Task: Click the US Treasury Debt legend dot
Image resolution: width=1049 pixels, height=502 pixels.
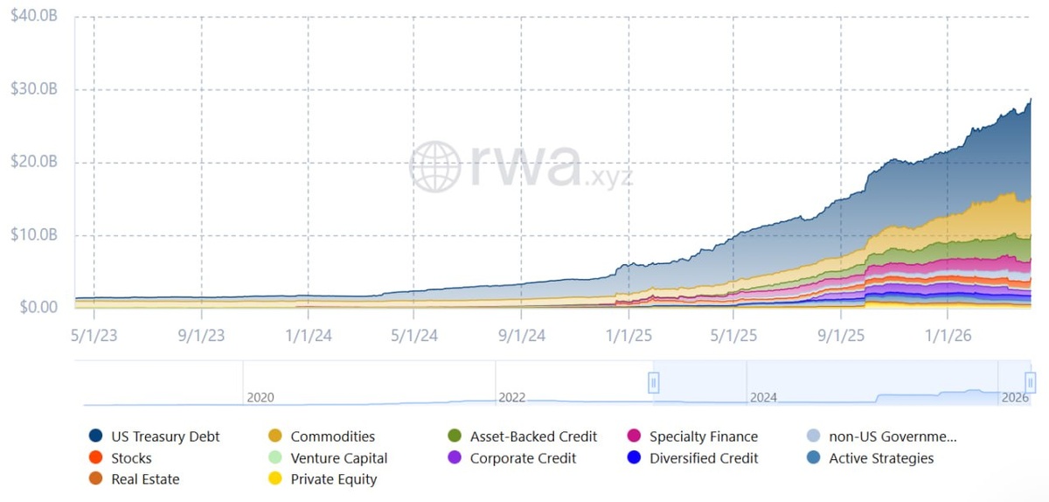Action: click(95, 436)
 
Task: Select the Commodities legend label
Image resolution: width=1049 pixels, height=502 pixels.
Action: click(332, 436)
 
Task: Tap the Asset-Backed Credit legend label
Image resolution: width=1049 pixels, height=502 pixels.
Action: click(533, 436)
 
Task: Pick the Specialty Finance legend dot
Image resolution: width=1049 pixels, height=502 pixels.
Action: click(634, 436)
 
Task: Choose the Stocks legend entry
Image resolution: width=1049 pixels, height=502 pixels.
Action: click(121, 457)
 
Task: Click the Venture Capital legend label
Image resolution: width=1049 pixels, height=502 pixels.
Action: click(338, 458)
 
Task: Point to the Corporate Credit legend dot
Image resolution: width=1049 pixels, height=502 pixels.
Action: click(455, 457)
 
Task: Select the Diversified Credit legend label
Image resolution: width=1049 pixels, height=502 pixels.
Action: click(704, 458)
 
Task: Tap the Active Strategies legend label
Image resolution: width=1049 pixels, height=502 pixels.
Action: click(881, 458)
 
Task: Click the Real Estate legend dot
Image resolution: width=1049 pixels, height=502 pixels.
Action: click(95, 478)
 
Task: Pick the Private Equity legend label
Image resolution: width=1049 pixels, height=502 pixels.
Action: click(333, 479)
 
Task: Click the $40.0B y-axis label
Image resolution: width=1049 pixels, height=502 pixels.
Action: click(34, 16)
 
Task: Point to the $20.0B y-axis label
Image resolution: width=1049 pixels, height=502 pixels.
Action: click(34, 162)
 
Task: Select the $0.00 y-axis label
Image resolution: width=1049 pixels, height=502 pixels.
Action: click(38, 307)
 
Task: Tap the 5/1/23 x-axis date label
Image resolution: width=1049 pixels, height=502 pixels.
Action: click(94, 336)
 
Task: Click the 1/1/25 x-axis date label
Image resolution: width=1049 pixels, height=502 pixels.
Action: click(629, 336)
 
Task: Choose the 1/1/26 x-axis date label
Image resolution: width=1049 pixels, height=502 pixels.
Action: click(948, 336)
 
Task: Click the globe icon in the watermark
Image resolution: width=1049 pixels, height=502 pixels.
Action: click(435, 167)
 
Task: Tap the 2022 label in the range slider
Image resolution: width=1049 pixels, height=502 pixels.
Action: click(511, 397)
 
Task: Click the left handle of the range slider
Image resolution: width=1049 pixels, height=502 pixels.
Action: click(654, 383)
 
